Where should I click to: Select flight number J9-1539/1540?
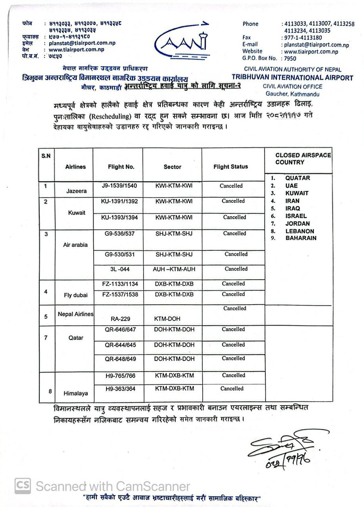click(119, 185)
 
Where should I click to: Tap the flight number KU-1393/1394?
click(119, 217)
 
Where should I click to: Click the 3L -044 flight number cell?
click(119, 269)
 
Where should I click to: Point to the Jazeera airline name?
click(76, 191)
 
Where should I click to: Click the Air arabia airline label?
click(75, 245)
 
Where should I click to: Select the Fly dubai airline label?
click(75, 295)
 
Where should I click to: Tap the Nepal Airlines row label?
click(76, 314)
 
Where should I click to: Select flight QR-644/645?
click(120, 345)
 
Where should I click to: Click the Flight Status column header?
click(230, 167)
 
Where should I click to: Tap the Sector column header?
click(172, 167)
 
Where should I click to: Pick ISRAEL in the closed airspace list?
click(296, 216)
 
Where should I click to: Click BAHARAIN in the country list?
click(301, 238)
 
